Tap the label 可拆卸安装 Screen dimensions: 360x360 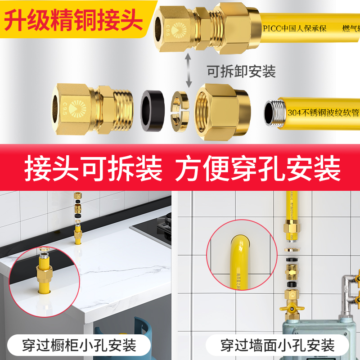tap(241, 71)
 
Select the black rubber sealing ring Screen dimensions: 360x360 tap(152, 109)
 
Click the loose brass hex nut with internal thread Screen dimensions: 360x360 tap(223, 110)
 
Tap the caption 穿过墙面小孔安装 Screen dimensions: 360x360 tap(278, 346)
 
